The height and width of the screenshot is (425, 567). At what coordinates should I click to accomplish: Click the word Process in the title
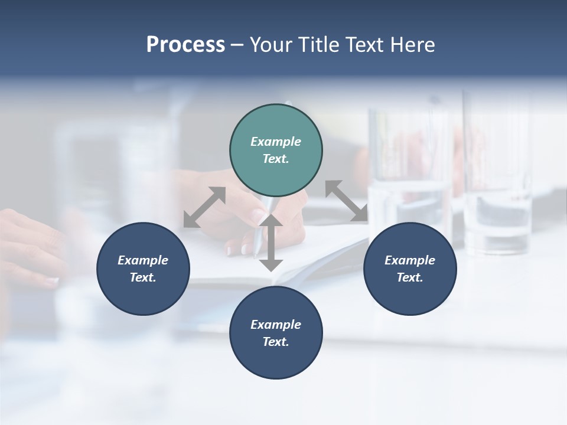185,45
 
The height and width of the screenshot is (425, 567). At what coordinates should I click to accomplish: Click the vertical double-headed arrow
271,243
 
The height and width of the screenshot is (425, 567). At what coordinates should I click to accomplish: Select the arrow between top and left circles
204,207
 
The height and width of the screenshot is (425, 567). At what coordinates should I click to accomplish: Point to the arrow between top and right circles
347,201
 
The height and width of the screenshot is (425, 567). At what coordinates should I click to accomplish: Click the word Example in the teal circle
276,142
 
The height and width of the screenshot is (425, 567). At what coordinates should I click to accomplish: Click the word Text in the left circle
143,277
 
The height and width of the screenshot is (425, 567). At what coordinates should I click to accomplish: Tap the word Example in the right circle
410,260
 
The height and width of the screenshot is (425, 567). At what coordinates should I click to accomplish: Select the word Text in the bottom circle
276,342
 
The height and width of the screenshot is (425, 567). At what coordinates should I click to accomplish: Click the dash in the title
237,45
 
